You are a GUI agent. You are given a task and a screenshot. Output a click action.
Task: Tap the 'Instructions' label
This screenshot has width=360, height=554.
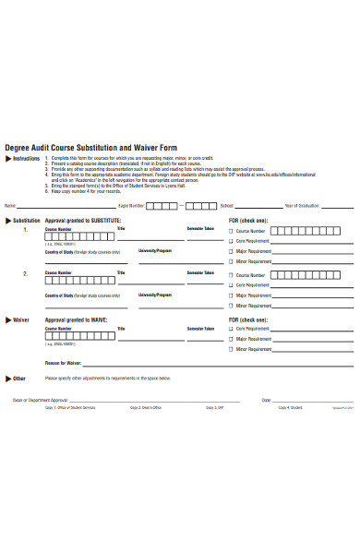26,159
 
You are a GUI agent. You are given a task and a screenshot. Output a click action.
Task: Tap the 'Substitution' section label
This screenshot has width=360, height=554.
27,221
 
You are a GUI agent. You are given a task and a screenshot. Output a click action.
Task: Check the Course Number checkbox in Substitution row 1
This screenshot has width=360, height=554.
231,231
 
